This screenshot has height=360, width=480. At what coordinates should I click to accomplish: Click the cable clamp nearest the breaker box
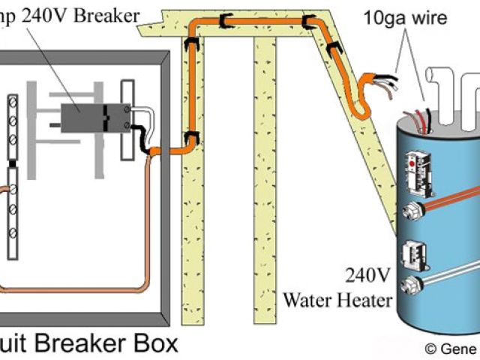pyautogui.click(x=192, y=137)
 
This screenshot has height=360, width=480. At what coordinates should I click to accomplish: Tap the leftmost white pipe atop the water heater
pyautogui.click(x=436, y=84)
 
